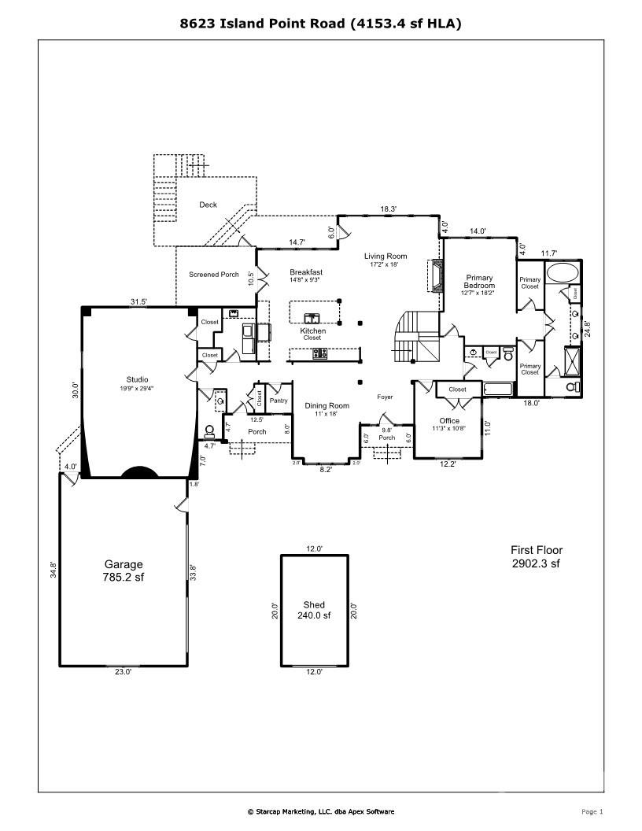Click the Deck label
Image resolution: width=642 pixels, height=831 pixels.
[x=208, y=205]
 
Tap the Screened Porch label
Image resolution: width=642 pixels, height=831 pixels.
[x=213, y=275]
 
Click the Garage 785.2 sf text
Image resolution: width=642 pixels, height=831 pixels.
[x=124, y=571]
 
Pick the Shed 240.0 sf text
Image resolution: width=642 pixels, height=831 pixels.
[x=314, y=610]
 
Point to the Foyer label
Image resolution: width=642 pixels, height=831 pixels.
[x=385, y=397]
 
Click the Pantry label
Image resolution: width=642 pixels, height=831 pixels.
[x=279, y=401]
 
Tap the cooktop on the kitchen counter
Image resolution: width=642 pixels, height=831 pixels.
[x=319, y=353]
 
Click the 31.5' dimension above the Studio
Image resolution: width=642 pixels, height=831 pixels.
[x=139, y=301]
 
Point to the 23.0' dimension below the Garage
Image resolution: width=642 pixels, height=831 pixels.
[x=124, y=672]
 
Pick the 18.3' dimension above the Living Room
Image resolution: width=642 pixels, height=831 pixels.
[x=388, y=209]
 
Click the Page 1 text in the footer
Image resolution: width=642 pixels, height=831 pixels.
[x=592, y=811]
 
